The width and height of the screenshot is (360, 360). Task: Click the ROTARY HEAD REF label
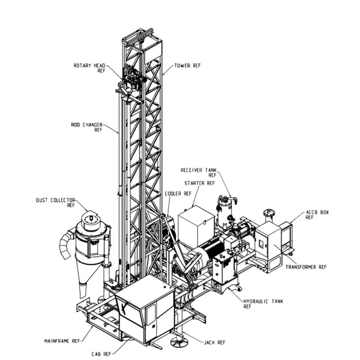coord(89,68)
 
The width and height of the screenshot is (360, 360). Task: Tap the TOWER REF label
coord(187,66)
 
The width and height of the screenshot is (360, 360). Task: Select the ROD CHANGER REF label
coord(86,127)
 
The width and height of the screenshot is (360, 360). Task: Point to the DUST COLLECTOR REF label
coord(55,202)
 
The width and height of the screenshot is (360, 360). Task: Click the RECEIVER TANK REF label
coord(198,172)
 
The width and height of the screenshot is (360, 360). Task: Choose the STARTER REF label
coord(199,183)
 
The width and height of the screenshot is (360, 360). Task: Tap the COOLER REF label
coord(178,193)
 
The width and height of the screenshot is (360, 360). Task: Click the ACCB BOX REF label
coord(317,215)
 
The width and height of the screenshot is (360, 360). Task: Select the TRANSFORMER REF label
coord(306,267)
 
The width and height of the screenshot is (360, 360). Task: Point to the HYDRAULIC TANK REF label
coord(263,304)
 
